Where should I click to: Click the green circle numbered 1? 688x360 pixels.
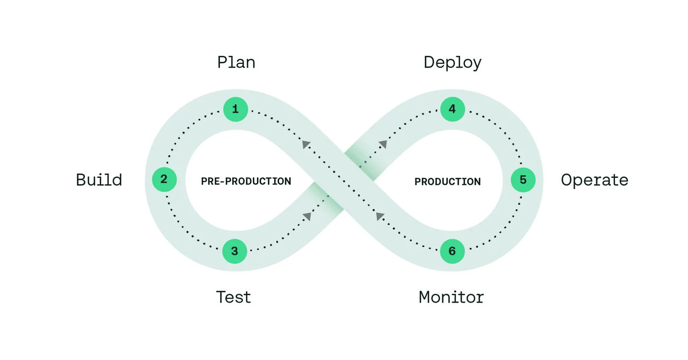235,110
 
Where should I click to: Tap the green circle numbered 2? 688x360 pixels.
164,179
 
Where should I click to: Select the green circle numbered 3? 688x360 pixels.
234,251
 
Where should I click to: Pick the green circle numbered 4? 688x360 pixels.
452,110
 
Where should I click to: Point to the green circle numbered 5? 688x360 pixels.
523,180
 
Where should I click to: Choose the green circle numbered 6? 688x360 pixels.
452,251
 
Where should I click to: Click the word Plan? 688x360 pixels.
236,62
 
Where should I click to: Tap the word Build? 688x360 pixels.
99,179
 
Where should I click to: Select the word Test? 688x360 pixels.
233,297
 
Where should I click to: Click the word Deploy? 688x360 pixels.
453,63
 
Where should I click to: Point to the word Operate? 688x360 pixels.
594,180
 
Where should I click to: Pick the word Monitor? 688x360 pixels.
451,297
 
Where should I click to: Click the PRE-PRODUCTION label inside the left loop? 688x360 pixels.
246,182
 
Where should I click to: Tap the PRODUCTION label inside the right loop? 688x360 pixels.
447,182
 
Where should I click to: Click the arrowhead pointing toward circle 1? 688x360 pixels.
306,144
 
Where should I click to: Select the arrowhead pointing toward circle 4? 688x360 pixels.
383,144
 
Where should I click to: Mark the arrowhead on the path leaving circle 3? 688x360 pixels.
307,216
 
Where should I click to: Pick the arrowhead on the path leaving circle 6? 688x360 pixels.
380,216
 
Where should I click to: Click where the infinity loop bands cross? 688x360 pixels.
344,180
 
